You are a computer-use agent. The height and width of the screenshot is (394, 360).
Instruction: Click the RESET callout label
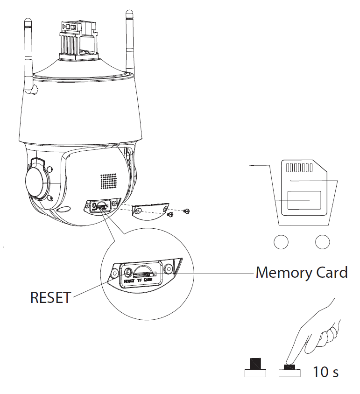coord(50,297)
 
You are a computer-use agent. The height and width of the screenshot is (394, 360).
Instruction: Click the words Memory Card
coord(301,272)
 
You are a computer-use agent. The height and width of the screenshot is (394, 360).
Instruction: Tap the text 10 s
coord(325,372)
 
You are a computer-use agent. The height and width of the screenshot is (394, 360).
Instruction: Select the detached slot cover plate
coord(150,211)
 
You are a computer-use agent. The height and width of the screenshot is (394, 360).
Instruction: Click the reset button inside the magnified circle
coord(127,272)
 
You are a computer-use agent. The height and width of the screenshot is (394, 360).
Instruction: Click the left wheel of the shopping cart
coord(281,241)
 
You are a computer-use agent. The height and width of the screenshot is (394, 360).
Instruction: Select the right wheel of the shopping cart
coord(322,241)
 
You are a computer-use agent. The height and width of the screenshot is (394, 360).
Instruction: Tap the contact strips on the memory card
coord(298,168)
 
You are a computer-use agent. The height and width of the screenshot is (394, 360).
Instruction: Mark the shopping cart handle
coord(260,166)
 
